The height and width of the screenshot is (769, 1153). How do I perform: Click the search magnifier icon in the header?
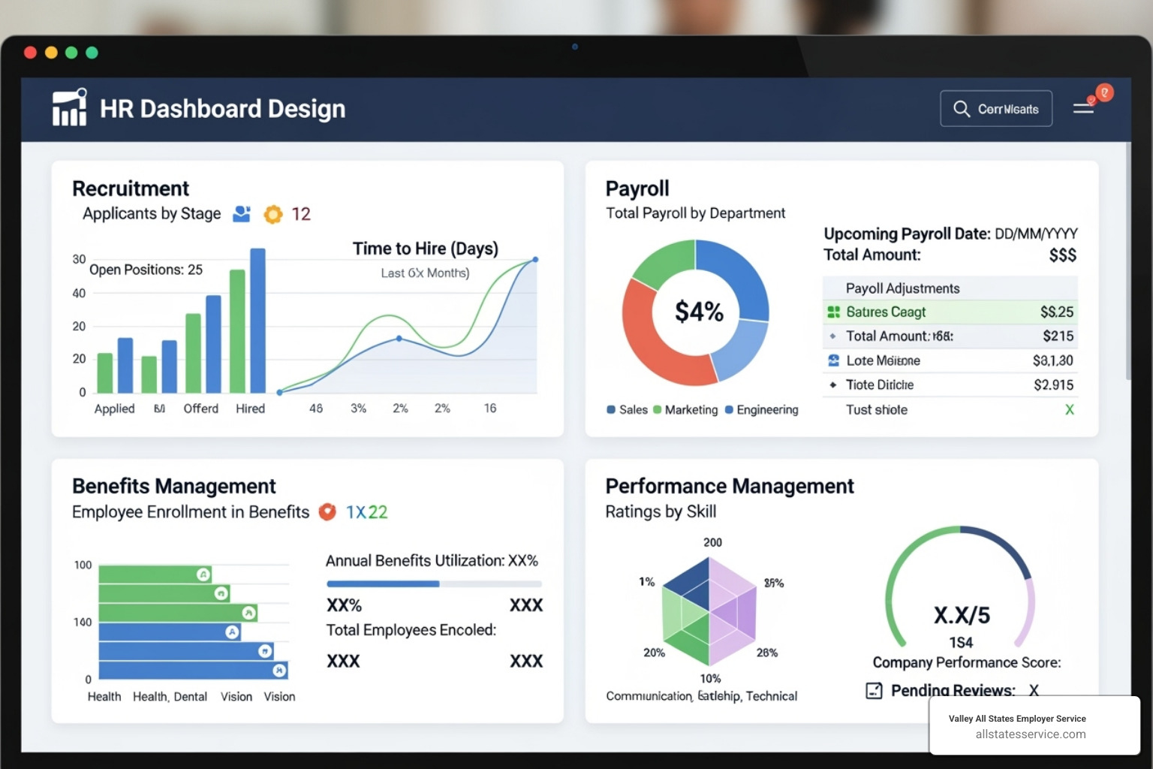click(961, 109)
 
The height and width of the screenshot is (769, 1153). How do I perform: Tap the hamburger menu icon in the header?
click(1082, 109)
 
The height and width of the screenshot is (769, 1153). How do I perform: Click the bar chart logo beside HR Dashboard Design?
click(70, 107)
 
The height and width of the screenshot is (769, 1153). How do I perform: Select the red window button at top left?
click(30, 53)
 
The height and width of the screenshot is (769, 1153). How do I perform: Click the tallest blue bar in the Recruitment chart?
click(257, 321)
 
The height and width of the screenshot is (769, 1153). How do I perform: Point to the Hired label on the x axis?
click(250, 409)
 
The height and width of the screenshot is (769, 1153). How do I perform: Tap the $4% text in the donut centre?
click(698, 311)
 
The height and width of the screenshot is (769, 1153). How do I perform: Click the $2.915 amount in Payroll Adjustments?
click(1053, 385)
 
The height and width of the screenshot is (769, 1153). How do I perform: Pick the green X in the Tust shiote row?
click(1069, 410)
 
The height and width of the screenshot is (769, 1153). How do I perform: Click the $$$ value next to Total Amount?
click(1062, 255)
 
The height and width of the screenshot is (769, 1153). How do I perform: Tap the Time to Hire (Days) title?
click(425, 249)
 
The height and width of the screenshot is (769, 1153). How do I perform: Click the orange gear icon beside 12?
click(273, 215)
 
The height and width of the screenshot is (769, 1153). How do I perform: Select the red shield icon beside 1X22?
click(327, 512)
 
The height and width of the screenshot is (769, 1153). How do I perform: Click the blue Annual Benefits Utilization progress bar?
click(383, 584)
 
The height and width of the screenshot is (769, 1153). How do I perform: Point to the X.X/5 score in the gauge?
click(962, 616)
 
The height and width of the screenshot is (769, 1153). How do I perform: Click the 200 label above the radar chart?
click(712, 542)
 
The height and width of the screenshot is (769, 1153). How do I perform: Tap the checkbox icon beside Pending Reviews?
click(874, 690)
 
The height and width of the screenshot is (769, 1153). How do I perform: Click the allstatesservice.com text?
click(1030, 734)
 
